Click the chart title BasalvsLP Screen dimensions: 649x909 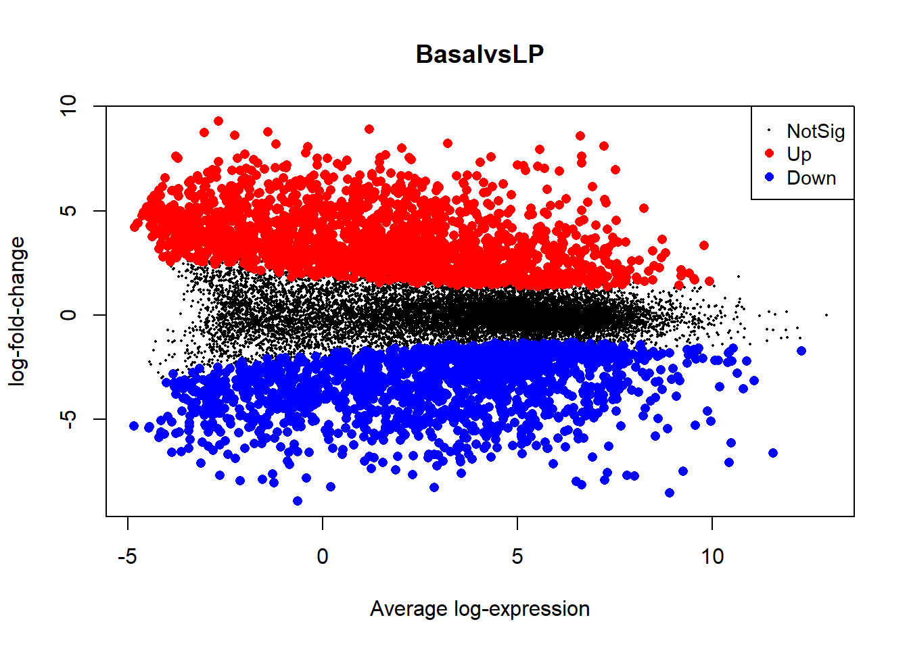(x=480, y=54)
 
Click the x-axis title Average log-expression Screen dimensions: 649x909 (x=480, y=608)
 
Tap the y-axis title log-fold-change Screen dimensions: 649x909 (x=17, y=311)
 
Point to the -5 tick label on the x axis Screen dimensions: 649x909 (x=127, y=556)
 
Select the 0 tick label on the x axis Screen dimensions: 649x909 (x=323, y=556)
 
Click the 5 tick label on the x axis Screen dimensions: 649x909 (x=517, y=556)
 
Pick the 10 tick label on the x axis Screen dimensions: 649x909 (x=712, y=556)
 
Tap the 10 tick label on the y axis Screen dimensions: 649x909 (x=69, y=106)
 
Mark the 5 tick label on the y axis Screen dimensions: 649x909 (x=69, y=210)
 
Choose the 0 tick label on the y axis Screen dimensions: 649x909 (x=69, y=315)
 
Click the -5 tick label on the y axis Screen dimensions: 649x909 (x=69, y=419)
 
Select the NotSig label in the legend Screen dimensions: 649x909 (x=816, y=131)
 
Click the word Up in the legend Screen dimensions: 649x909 (x=799, y=154)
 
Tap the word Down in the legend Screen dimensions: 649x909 (x=811, y=178)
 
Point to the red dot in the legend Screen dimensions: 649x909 (x=769, y=153)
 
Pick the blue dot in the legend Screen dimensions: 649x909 (x=769, y=177)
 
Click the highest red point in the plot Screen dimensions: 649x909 (x=218, y=121)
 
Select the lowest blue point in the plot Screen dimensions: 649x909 (x=298, y=501)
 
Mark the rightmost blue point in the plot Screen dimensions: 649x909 (x=801, y=351)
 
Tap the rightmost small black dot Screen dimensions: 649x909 (x=826, y=315)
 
